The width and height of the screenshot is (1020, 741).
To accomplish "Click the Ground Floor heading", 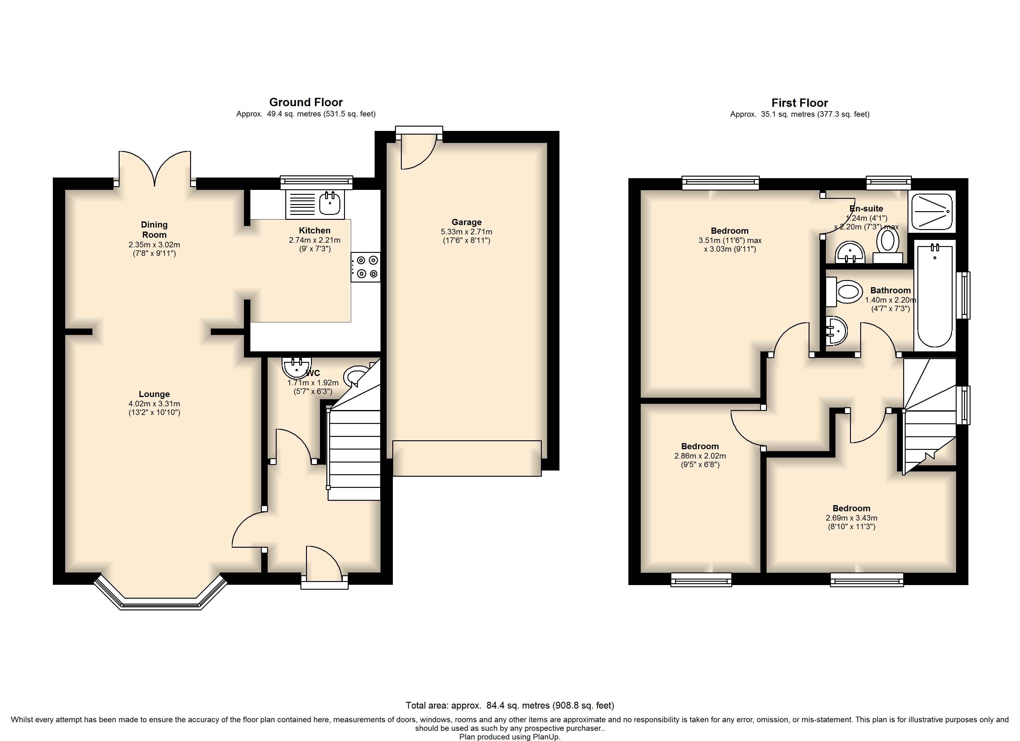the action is point(306,103).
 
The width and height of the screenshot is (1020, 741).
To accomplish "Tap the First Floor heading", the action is point(800,103).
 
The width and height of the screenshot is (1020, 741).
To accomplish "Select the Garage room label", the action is point(466,222).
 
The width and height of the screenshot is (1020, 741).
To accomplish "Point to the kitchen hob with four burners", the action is point(366,267).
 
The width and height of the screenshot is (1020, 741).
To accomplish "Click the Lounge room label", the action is point(154,394).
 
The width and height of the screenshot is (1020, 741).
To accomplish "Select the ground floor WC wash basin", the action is point(297,368).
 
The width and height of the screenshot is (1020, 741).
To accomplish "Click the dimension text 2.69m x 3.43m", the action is point(851,518).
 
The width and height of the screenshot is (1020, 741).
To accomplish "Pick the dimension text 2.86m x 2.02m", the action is point(700,456).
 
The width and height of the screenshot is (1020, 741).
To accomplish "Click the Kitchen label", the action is point(315,231).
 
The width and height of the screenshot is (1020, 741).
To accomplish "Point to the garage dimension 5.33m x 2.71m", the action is point(466,232).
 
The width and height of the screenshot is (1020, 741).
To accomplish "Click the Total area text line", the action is point(510,705).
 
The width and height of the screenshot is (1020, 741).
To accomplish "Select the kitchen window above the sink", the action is point(316,182).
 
